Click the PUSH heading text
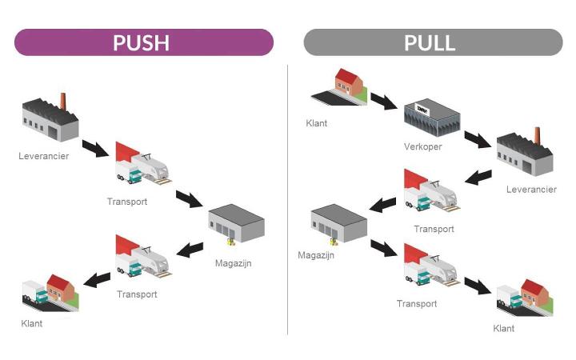tap(143, 42)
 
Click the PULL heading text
tap(431, 42)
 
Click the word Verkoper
tap(423, 147)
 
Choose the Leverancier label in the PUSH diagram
tap(44, 156)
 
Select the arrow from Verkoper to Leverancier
tap(478, 139)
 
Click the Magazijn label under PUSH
tap(233, 262)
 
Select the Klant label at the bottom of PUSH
tap(32, 323)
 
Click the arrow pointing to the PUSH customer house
tap(97, 279)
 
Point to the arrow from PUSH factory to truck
tap(97, 149)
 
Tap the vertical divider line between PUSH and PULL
tap(288, 200)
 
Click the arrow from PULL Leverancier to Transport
tap(478, 178)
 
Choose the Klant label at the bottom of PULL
tap(504, 329)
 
